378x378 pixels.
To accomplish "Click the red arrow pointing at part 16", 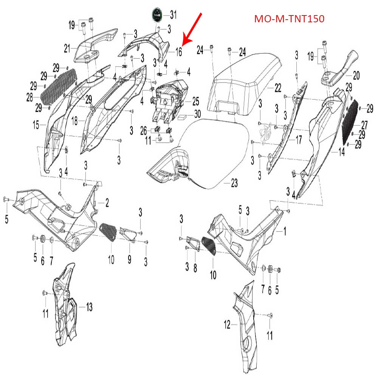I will click(x=193, y=29).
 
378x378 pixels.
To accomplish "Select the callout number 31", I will click(x=173, y=15).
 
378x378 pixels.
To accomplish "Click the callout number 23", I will click(x=234, y=184).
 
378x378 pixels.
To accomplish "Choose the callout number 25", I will click(x=195, y=101).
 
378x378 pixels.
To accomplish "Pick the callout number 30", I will click(x=197, y=113).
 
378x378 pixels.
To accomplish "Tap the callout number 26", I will click(x=143, y=131).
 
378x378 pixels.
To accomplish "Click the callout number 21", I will click(x=67, y=48).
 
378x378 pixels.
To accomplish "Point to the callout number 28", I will click(x=30, y=98).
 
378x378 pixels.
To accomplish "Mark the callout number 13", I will click(x=89, y=307).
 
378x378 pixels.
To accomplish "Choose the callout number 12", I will click(x=227, y=324).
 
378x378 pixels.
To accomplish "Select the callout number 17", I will click(x=299, y=140).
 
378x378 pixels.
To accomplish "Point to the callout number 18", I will click(x=74, y=121).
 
